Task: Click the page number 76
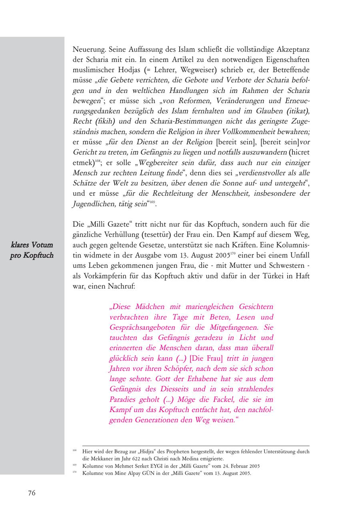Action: pyautogui.click(x=32, y=493)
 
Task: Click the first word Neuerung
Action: pyautogui.click(x=89, y=50)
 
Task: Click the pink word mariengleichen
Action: pyautogui.click(x=208, y=307)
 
